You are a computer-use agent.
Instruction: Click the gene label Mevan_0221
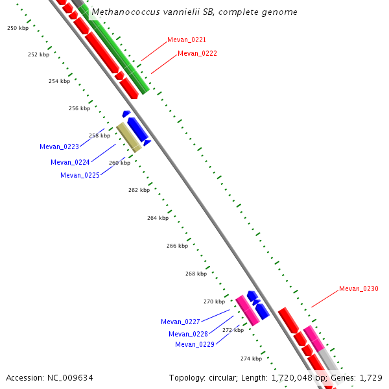point(187,40)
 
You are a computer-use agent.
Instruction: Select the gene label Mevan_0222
point(197,53)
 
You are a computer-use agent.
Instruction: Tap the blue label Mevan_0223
point(59,147)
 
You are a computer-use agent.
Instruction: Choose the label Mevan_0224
point(70,162)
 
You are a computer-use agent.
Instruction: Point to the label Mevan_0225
point(80,175)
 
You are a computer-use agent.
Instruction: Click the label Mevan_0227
point(180,322)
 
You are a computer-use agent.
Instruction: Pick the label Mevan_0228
point(188,334)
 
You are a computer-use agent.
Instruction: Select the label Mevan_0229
point(194,344)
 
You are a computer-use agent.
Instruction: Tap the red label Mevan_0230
point(359,289)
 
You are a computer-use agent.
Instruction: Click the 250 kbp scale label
point(18,28)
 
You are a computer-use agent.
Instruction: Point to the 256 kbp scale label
point(79,108)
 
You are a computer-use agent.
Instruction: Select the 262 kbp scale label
point(139,190)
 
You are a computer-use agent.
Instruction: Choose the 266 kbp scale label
point(177,246)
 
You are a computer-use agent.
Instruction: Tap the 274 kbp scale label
point(251,359)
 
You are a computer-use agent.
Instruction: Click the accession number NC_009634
point(72,377)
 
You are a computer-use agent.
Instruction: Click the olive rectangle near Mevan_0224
point(129,137)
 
